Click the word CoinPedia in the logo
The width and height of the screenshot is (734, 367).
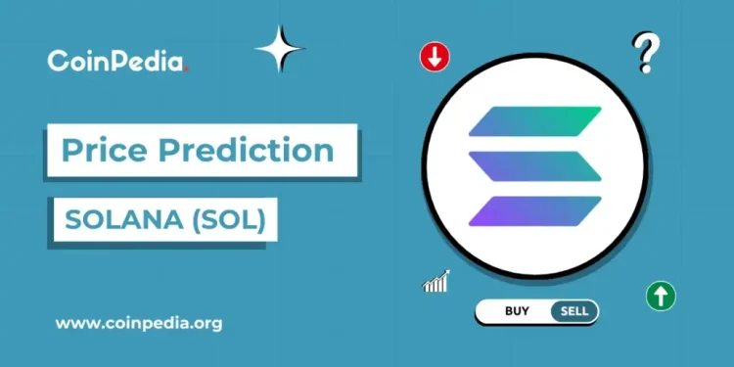115,61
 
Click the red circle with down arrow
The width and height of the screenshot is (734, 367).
435,58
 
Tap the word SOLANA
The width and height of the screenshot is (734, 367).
114,221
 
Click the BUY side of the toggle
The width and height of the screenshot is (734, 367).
518,312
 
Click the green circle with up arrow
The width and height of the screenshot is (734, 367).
662,295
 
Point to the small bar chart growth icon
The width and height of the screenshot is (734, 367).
436,282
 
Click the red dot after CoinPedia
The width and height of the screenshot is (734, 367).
187,69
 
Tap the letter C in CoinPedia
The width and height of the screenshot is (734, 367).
58,61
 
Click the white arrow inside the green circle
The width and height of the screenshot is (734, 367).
662,295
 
